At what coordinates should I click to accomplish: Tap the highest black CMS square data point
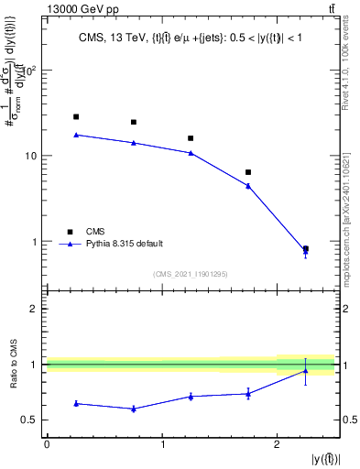tap(76, 116)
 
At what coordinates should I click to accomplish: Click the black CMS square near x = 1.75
tap(248, 172)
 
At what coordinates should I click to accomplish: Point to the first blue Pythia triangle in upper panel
tap(76, 135)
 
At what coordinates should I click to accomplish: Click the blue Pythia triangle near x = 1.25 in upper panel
tap(191, 152)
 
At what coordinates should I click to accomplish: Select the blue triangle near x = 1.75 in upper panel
tap(248, 185)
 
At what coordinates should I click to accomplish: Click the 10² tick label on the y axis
tap(31, 71)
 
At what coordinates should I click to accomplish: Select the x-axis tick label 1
tap(162, 443)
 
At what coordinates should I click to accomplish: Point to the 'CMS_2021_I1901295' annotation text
tap(191, 274)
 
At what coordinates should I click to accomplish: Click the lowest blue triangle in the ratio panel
tap(134, 409)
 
